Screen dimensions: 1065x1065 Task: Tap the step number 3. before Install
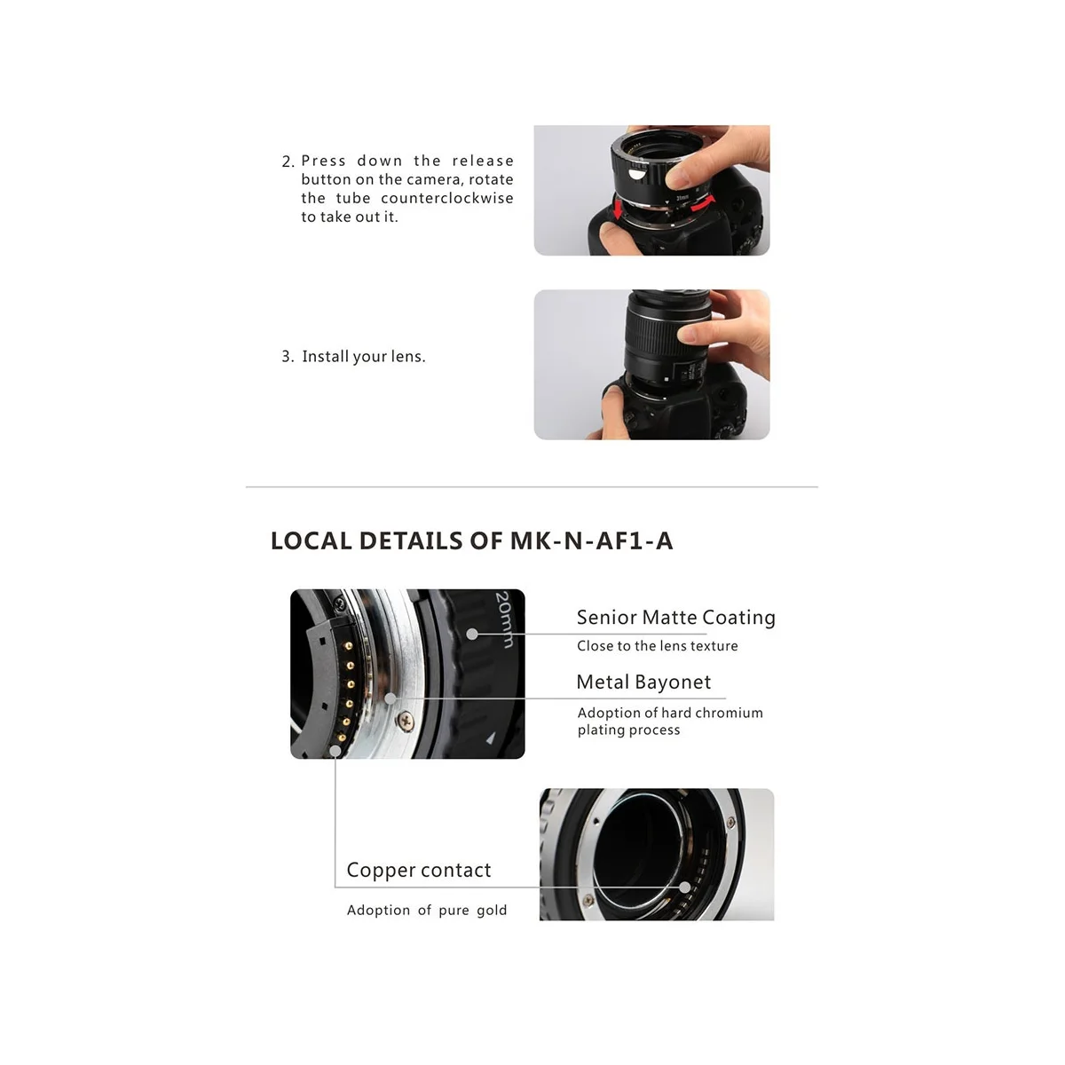[x=288, y=357]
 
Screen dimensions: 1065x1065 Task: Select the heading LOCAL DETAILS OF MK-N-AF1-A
[x=471, y=541]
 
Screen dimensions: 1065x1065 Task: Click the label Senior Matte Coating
[x=675, y=618]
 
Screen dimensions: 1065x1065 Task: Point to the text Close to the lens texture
[x=657, y=646]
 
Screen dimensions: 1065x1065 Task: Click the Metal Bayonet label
[x=643, y=682]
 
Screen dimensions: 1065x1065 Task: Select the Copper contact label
[x=418, y=871]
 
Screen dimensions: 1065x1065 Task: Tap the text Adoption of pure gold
[x=427, y=911]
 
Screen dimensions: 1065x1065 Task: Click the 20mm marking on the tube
[x=503, y=619]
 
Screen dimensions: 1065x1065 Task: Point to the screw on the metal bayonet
[x=405, y=715]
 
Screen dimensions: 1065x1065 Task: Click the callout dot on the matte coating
[x=473, y=634]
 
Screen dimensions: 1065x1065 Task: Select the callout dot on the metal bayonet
[x=390, y=699]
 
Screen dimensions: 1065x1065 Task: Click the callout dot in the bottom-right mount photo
[x=685, y=887]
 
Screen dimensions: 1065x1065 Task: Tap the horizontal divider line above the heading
[x=532, y=487]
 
